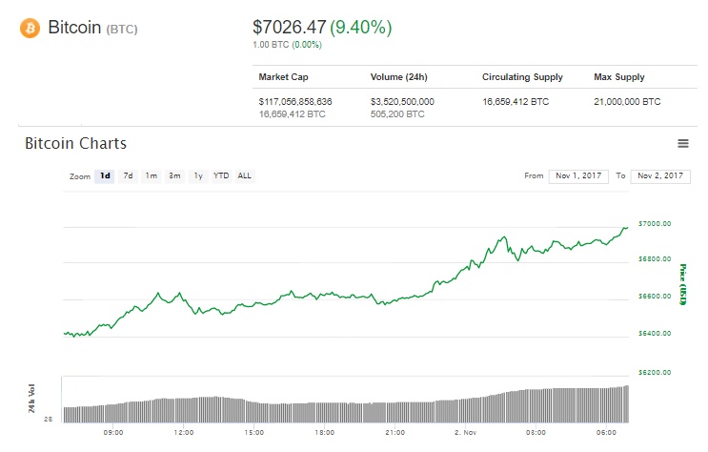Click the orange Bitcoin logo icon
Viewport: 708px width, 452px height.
[x=30, y=29]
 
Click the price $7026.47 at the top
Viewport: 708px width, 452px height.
[x=289, y=28]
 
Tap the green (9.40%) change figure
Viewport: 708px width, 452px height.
[x=361, y=28]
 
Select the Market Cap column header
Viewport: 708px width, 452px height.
[x=283, y=77]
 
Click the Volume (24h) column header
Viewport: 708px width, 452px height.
[x=397, y=77]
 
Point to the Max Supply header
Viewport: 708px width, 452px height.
[x=618, y=77]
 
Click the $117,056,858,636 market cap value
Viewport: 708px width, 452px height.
[x=295, y=101]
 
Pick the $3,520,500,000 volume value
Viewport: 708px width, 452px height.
[x=402, y=101]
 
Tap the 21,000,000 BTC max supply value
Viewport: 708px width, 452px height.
[x=626, y=101]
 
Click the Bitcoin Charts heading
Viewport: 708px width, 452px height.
[x=75, y=144]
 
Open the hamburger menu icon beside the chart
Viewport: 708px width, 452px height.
[x=682, y=143]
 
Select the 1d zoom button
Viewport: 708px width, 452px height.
[x=105, y=175]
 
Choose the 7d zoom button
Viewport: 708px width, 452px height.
[x=129, y=175]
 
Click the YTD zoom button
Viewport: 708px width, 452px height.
[x=220, y=175]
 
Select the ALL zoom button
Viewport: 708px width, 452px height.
[x=245, y=175]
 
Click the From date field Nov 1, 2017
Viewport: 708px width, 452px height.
[x=578, y=175]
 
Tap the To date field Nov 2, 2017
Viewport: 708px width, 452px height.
[x=659, y=175]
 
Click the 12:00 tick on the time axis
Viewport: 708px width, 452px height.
[x=184, y=432]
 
